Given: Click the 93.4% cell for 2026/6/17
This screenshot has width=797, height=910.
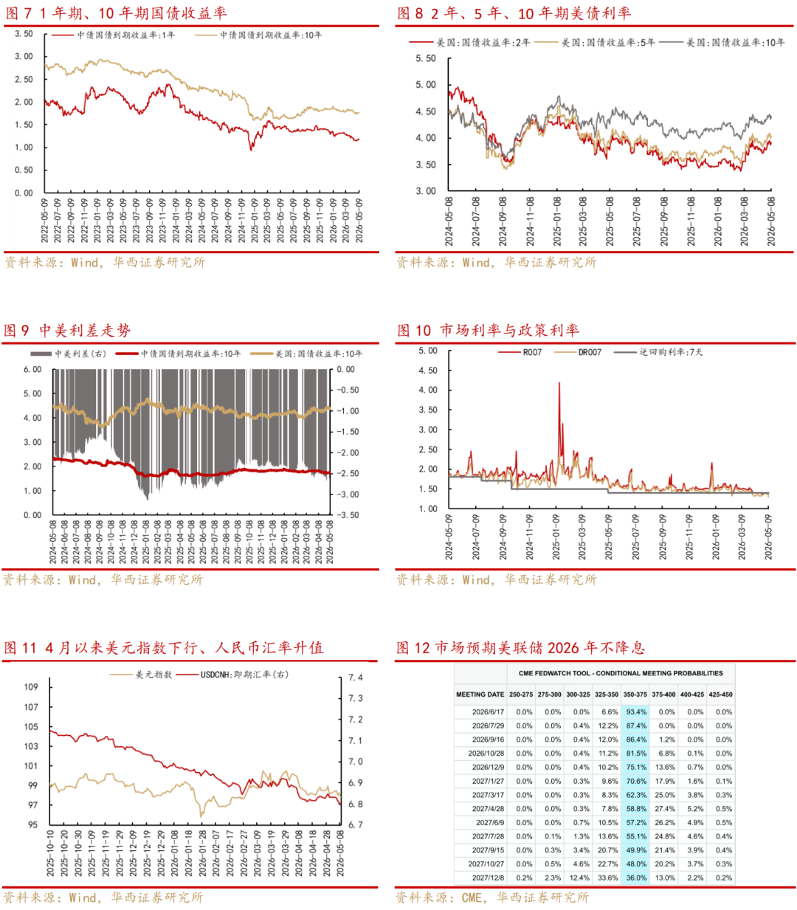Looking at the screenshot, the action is [x=636, y=711].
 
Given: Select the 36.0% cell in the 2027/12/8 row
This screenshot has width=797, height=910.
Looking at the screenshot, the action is [x=636, y=878].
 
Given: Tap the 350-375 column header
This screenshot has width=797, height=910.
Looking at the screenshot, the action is [x=635, y=694].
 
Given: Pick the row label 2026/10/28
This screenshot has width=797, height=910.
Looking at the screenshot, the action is [x=486, y=753].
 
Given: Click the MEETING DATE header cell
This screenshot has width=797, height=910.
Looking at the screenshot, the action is [x=480, y=694].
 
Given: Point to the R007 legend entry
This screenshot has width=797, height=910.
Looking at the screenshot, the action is [x=520, y=352].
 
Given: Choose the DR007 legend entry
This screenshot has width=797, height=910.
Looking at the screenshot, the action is [x=578, y=352].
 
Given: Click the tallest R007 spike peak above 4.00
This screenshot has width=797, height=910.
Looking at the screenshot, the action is [x=559, y=383].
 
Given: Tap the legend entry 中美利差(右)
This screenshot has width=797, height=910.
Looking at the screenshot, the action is [x=68, y=354].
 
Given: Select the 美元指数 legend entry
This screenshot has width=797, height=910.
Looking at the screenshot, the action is [x=141, y=675].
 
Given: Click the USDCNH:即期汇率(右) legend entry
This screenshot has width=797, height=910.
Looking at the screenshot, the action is [x=232, y=675].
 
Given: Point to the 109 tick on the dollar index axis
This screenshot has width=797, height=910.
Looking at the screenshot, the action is [x=31, y=686].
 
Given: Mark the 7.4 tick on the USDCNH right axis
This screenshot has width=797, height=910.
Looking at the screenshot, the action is [x=356, y=678].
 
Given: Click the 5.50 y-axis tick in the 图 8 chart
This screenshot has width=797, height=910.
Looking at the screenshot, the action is [x=426, y=58].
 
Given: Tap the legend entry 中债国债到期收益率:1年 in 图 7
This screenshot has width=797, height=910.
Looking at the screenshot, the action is [x=114, y=35].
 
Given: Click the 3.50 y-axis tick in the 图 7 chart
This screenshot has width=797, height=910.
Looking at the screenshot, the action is [x=24, y=34].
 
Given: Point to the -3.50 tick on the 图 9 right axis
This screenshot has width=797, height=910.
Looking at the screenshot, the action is [x=348, y=515].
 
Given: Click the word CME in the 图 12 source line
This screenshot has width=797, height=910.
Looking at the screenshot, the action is [x=472, y=897].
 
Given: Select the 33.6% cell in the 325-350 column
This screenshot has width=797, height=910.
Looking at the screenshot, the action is [x=608, y=878].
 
